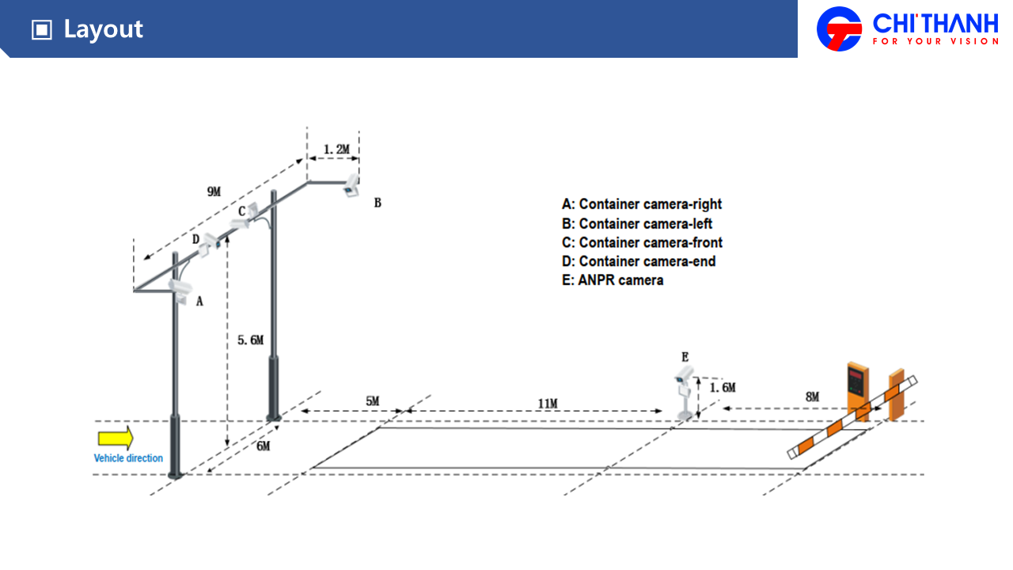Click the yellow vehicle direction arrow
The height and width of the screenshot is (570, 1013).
116,439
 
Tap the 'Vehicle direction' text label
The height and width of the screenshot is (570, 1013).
128,458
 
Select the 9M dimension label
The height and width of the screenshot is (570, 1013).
214,192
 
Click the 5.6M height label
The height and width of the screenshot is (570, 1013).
250,340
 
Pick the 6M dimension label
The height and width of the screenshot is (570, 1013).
263,446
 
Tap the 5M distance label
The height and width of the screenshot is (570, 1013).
372,401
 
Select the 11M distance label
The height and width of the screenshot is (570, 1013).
548,404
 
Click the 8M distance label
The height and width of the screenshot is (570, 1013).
812,397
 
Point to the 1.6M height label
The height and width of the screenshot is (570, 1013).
722,388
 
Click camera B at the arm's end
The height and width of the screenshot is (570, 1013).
351,187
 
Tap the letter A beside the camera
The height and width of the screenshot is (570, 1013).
199,302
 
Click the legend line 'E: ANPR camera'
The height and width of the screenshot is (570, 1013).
613,280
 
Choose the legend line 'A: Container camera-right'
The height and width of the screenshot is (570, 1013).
642,204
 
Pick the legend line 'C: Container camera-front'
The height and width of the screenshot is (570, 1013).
642,242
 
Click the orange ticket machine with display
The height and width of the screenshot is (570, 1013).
857,388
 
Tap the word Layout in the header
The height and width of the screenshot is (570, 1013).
103,29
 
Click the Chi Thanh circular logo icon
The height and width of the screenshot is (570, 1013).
839,28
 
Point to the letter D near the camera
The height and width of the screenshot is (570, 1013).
195,239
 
